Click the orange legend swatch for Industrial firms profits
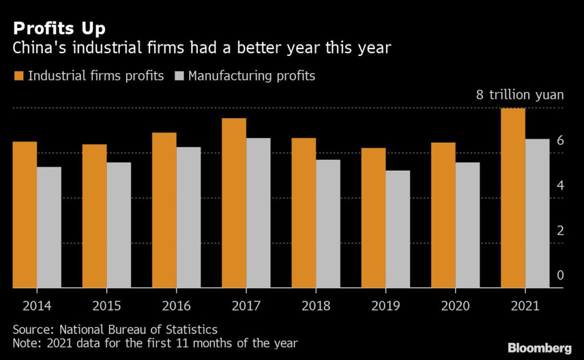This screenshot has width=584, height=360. [18, 76]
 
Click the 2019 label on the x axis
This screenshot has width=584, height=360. [386, 306]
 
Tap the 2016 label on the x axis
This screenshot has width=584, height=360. [176, 306]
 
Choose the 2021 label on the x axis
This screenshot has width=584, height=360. [525, 306]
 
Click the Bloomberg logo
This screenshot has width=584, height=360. [539, 348]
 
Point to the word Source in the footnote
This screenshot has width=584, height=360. [30, 330]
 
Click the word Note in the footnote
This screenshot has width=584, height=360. [25, 343]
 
